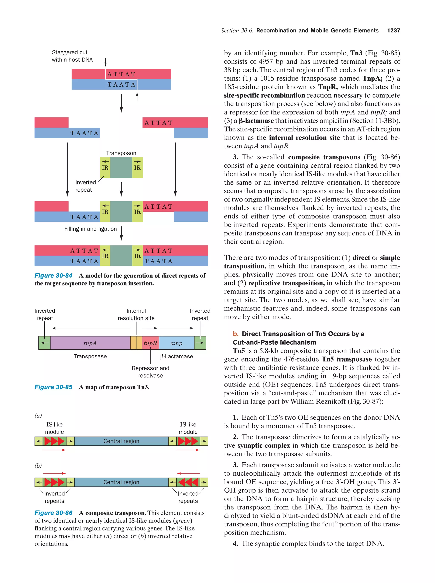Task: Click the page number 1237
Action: [393, 31]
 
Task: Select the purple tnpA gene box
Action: [90, 343]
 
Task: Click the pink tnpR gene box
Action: [150, 343]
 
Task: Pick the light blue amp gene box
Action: [176, 343]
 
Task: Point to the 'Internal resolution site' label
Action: [136, 314]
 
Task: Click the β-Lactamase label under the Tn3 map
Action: [176, 356]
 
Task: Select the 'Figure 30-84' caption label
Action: [54, 275]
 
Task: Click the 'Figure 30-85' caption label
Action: [54, 387]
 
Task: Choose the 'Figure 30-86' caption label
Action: [54, 513]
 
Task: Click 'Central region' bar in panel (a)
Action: [121, 441]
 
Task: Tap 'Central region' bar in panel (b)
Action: [121, 482]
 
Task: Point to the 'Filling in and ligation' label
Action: [90, 229]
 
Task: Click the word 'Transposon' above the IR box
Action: [121, 153]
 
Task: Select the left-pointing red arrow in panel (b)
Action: [188, 473]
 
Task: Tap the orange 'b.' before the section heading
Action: [236, 334]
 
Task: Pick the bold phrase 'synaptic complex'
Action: [263, 445]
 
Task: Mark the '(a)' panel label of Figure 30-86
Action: [38, 416]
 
